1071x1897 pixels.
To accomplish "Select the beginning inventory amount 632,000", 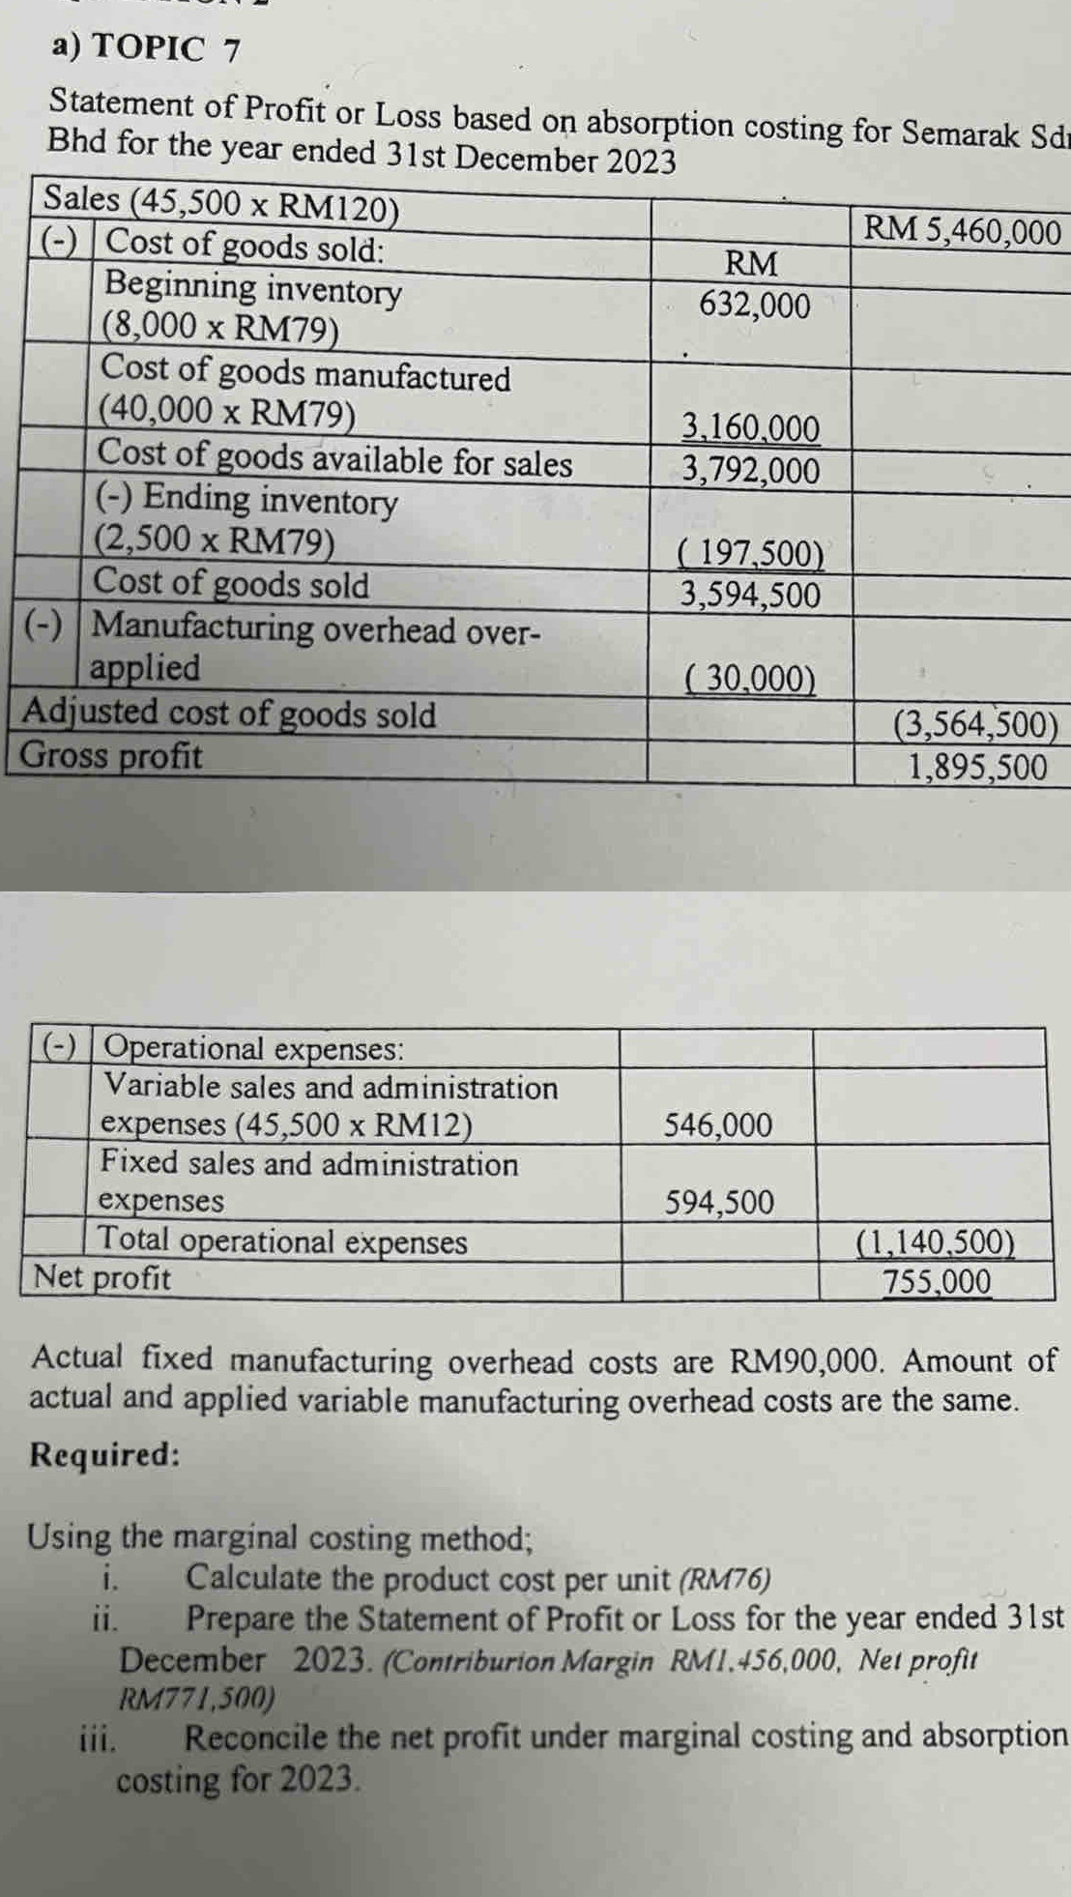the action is coord(755,306).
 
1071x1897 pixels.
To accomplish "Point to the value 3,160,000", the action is coord(751,427).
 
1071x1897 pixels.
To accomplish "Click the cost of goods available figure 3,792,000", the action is coord(751,471).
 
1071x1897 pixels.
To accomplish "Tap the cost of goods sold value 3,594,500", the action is coord(751,595).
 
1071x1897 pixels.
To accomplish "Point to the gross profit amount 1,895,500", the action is coord(977,768).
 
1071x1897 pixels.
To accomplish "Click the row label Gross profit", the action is coord(112,756).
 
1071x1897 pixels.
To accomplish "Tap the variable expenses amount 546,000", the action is coord(718,1125).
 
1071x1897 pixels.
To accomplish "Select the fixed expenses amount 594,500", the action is coord(719,1203).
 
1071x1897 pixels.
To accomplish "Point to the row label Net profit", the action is coord(102,1278).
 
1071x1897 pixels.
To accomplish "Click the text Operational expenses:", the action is coord(254,1048).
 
